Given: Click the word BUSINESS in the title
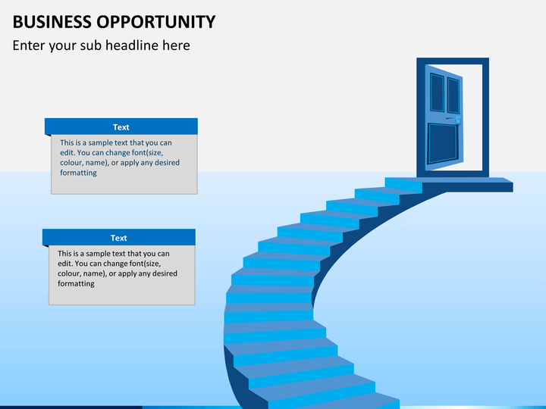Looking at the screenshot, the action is [52, 22].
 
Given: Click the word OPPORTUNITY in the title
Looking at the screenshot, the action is [156, 22].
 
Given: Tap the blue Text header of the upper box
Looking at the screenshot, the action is [121, 126].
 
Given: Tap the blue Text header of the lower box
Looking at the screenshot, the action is [119, 238].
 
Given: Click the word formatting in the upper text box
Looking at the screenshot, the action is [78, 173].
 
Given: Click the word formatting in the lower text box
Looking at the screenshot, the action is [76, 284].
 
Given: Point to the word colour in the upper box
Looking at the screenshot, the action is [71, 163].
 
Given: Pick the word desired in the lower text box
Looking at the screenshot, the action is [165, 273].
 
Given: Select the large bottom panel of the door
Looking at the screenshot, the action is [443, 143].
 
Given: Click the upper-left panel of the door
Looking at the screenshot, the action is [437, 92].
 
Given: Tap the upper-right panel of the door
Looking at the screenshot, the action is [453, 95].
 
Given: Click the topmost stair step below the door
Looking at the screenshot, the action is [403, 185].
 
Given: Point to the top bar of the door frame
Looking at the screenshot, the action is [453, 61].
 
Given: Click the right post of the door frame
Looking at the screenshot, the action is [486, 117].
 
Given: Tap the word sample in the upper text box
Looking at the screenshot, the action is [99, 143].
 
